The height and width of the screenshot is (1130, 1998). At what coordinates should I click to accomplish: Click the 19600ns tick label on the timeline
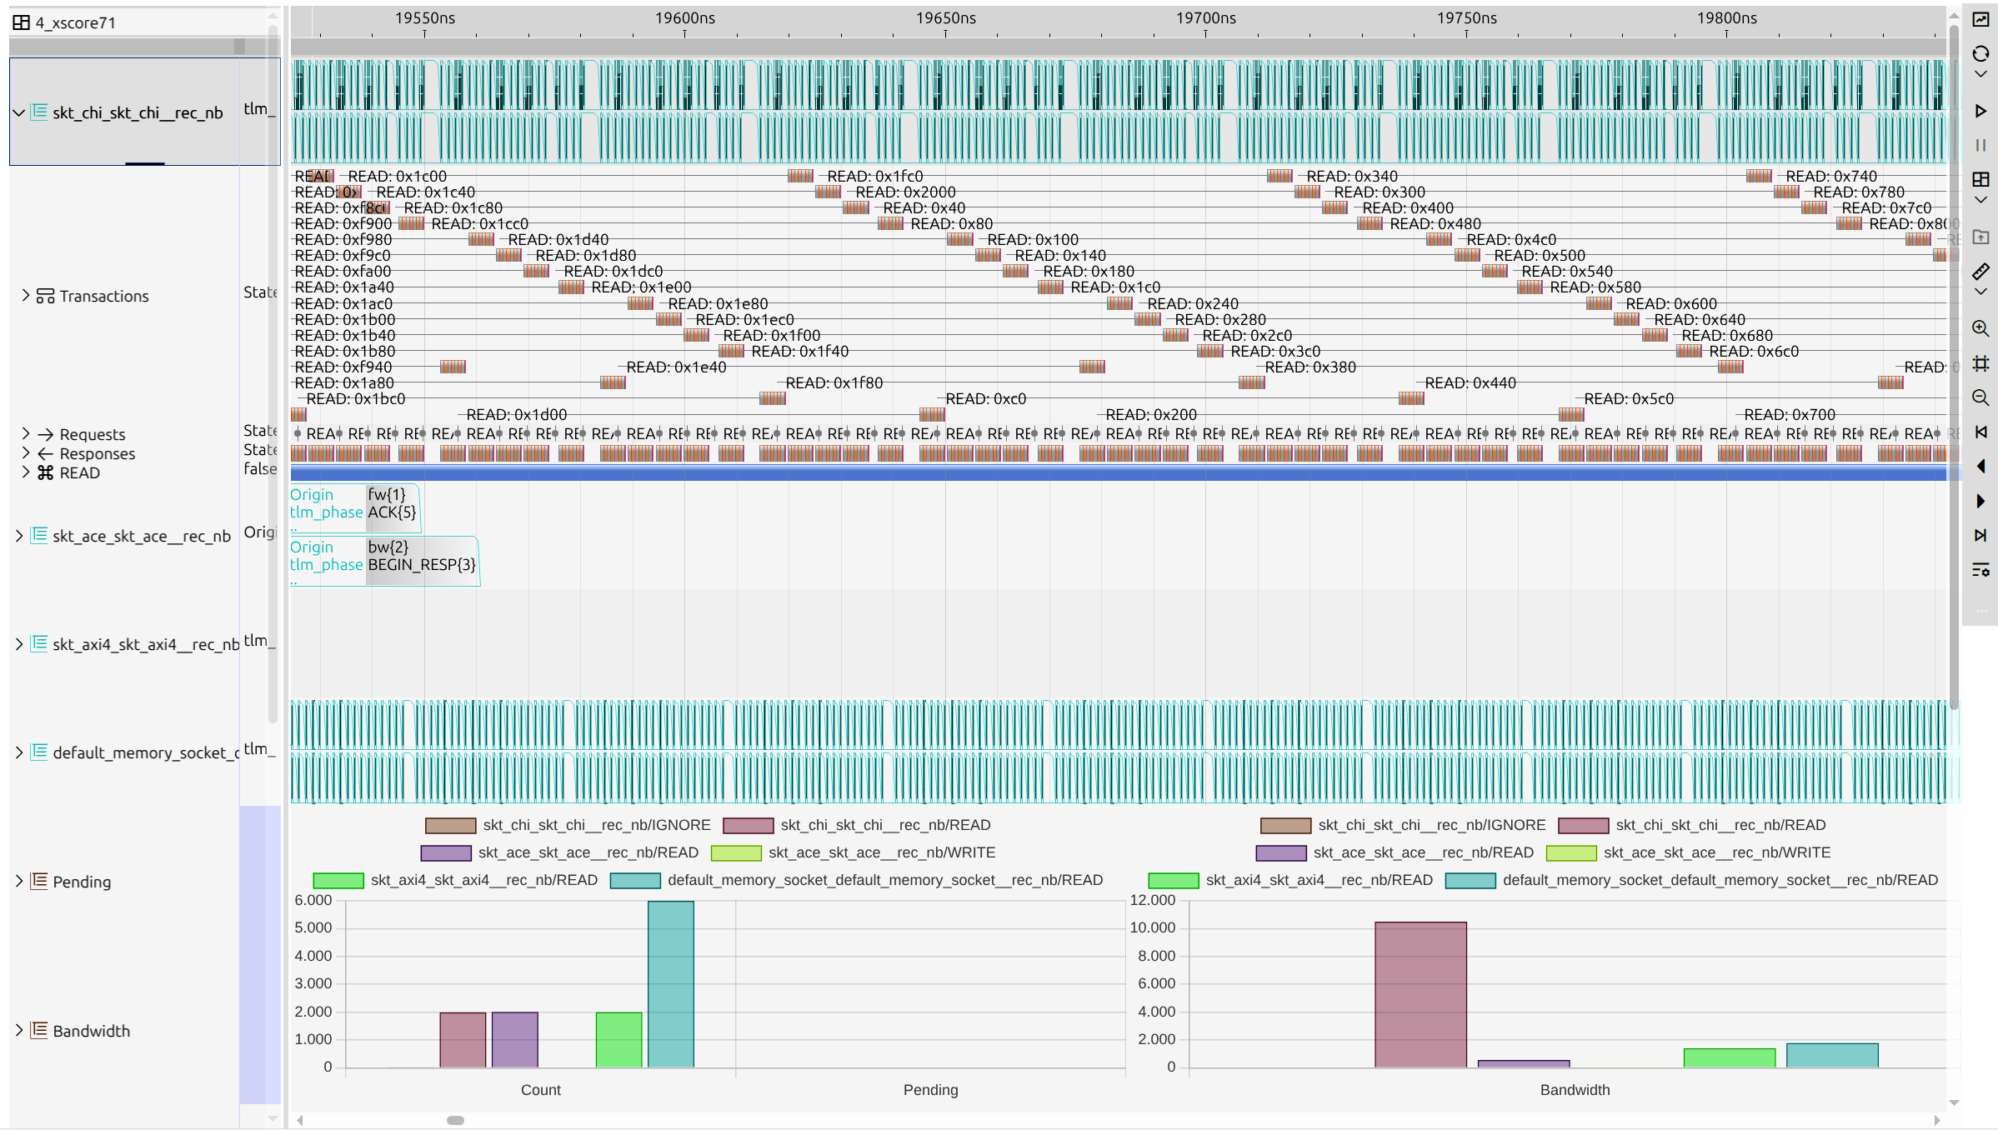[684, 18]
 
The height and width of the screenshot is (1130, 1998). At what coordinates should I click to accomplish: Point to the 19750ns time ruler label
[1466, 18]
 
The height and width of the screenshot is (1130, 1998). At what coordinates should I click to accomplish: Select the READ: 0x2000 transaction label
[905, 192]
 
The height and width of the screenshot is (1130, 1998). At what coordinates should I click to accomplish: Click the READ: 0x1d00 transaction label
[516, 415]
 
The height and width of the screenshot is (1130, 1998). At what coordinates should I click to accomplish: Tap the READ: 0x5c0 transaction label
[1628, 399]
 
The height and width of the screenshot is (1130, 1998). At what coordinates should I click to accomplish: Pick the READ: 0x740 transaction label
[1830, 177]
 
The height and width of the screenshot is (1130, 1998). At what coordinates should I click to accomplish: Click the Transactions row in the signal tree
[103, 297]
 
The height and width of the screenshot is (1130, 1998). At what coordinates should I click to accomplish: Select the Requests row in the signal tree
[92, 435]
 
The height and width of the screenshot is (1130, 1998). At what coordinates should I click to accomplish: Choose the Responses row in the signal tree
[97, 454]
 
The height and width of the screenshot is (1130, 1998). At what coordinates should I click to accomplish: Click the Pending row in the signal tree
[81, 882]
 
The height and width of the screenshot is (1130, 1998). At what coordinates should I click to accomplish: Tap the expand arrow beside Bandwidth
[18, 1031]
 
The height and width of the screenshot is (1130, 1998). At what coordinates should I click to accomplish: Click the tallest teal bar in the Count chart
[670, 984]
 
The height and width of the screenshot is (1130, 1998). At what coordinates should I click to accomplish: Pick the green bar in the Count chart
[618, 1039]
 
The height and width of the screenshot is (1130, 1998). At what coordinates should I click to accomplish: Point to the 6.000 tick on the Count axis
[313, 901]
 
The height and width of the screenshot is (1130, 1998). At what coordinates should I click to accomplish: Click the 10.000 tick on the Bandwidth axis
[1152, 928]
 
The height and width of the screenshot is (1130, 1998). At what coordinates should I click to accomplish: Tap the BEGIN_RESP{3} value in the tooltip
[422, 565]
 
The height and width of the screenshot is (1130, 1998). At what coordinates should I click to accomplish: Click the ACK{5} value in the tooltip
[392, 512]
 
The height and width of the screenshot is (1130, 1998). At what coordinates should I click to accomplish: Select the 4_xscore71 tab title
[75, 22]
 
